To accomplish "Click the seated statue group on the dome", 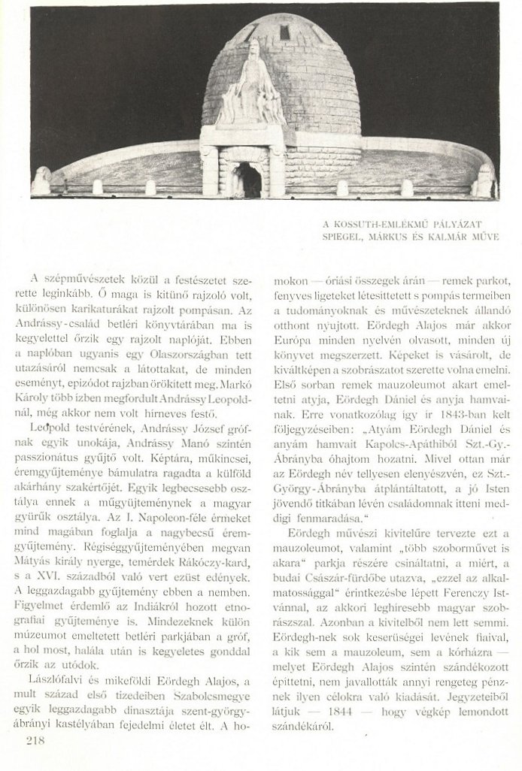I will pyautogui.click(x=249, y=86).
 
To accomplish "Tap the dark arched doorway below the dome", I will pyautogui.click(x=248, y=180).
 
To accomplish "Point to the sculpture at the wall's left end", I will pyautogui.click(x=42, y=181).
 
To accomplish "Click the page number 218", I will pyautogui.click(x=36, y=741).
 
